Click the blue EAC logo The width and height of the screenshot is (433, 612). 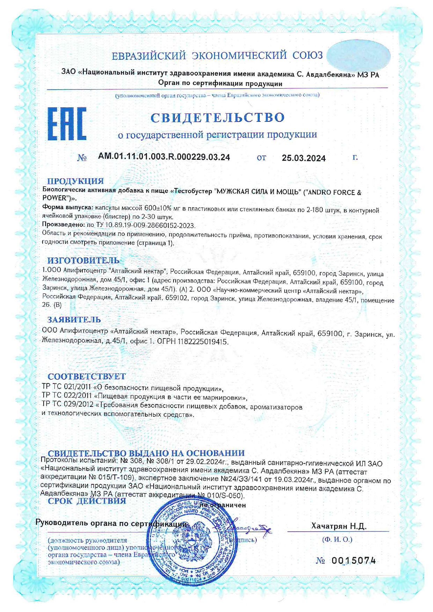pyautogui.click(x=67, y=124)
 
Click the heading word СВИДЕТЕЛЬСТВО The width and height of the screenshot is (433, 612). pyautogui.click(x=218, y=118)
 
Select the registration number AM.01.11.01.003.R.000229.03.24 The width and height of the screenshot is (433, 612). pyautogui.click(x=164, y=157)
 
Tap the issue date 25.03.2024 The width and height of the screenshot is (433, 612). pyautogui.click(x=303, y=158)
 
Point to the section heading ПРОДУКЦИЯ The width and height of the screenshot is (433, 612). pyautogui.click(x=75, y=181)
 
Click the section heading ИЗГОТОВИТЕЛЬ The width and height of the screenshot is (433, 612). pyautogui.click(x=83, y=260)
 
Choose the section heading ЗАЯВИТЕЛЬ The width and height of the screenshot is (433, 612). pyautogui.click(x=74, y=320)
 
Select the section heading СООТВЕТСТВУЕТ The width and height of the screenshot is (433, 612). pyautogui.click(x=87, y=376)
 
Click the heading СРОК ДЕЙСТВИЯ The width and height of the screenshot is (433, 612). pyautogui.click(x=87, y=501)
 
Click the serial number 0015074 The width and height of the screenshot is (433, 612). pyautogui.click(x=353, y=561)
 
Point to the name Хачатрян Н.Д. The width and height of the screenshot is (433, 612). pyautogui.click(x=339, y=526)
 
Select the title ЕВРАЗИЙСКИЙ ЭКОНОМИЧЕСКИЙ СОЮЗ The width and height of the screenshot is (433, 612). pyautogui.click(x=217, y=55)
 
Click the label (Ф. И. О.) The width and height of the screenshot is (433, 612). pyautogui.click(x=337, y=539)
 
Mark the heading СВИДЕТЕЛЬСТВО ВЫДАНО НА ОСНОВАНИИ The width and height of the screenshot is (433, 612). pyautogui.click(x=146, y=453)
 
